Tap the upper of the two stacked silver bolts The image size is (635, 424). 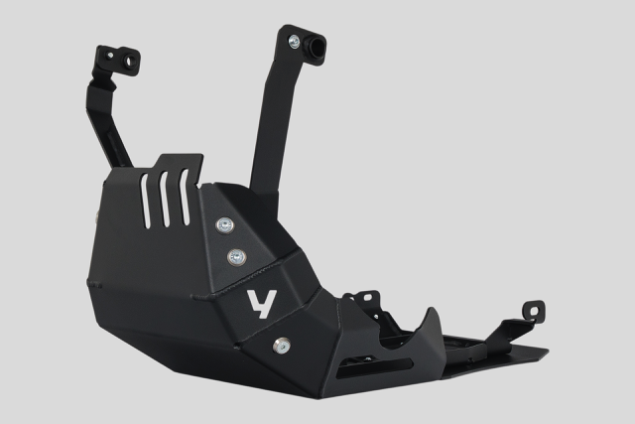tap(225, 225)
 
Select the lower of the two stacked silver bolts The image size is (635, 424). tap(236, 257)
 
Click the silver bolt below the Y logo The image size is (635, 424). tap(281, 346)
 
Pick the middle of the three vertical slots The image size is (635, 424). tap(164, 195)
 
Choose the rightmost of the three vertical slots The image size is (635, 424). tap(183, 193)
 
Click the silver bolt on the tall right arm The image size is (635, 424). tap(294, 42)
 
